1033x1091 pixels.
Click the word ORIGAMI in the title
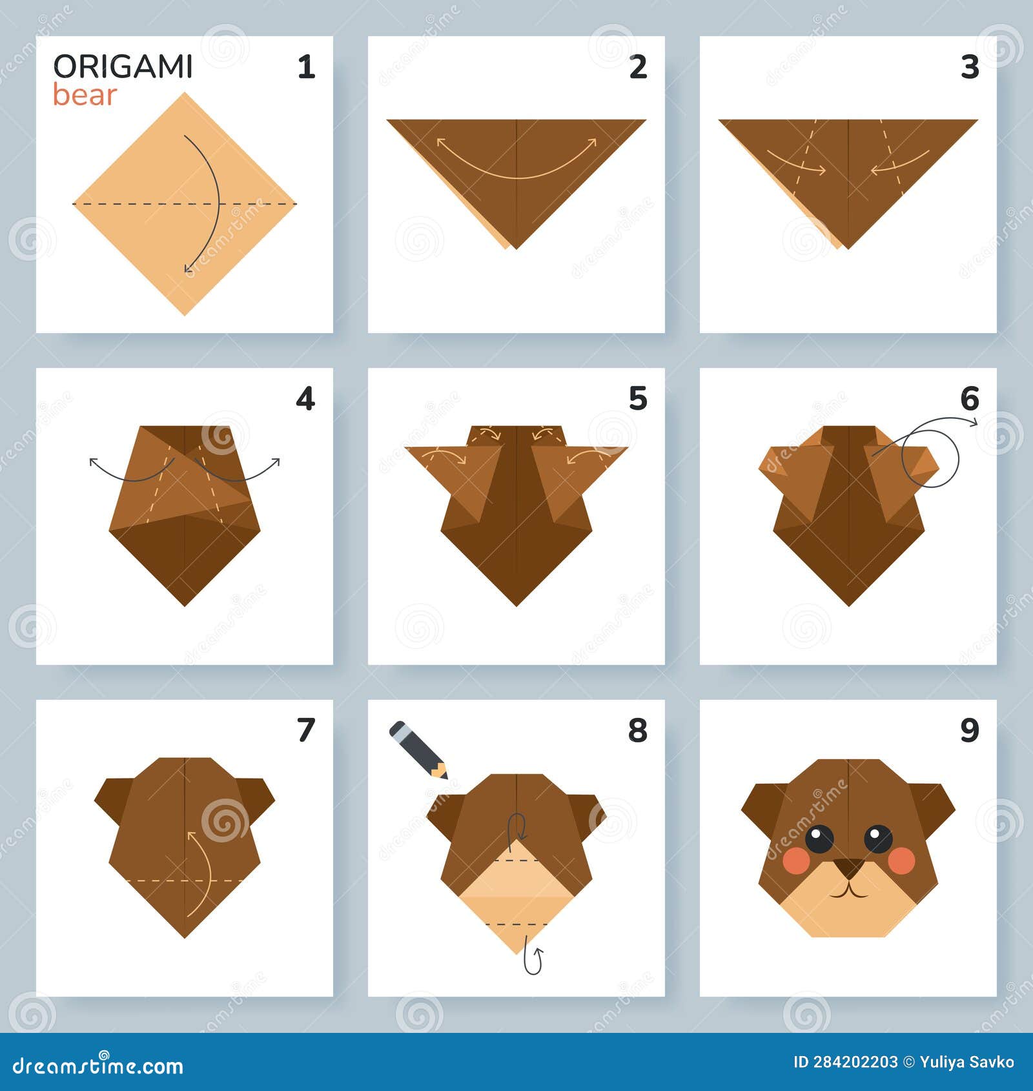123,66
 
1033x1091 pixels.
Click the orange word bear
85,95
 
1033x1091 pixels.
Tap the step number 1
306,67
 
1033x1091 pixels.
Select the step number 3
970,67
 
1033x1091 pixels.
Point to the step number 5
638,399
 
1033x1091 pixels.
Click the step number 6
970,399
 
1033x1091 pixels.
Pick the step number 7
306,730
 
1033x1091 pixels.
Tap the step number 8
638,730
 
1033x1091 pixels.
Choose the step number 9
970,730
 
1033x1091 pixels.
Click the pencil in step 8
418,749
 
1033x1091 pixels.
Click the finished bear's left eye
819,839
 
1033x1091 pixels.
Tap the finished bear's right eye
878,839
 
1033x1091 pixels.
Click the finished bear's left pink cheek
796,859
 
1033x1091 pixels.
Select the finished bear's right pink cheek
902,859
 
